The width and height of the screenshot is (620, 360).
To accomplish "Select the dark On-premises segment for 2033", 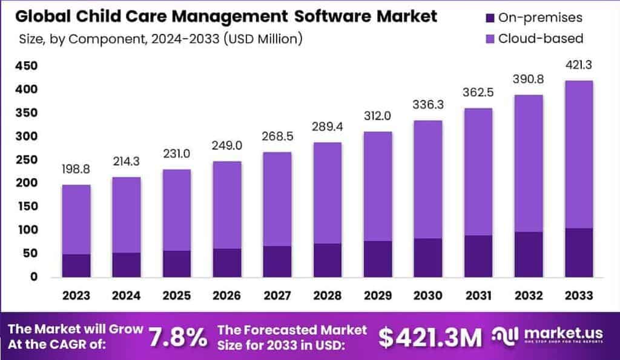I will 578,253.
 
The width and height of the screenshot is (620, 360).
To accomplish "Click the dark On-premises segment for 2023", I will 76,266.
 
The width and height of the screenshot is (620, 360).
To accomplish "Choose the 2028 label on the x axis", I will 328,295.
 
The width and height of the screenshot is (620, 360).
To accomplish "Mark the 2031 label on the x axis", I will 478,295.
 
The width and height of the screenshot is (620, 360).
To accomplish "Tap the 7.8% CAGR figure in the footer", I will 177,336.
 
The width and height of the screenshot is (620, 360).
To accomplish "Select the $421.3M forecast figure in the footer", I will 430,337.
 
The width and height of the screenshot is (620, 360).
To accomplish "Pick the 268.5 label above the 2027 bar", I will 277,137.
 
